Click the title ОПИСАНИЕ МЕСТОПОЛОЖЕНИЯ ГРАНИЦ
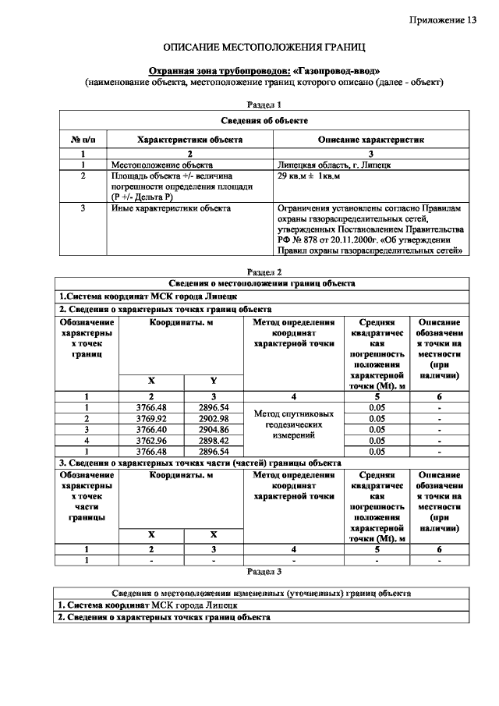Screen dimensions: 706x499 pyautogui.click(x=264, y=48)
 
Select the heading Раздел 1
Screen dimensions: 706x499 pyautogui.click(x=264, y=104)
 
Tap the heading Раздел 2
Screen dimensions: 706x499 pyautogui.click(x=264, y=272)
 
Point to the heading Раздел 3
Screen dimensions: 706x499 pyautogui.click(x=264, y=571)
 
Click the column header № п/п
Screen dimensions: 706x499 pyautogui.click(x=83, y=140)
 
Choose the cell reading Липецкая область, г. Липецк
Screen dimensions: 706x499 pyautogui.click(x=334, y=165)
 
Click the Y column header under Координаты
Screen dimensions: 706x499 pyautogui.click(x=213, y=380)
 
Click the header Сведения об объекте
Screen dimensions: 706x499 pyautogui.click(x=264, y=121)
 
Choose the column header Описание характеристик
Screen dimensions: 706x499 pyautogui.click(x=371, y=140)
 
